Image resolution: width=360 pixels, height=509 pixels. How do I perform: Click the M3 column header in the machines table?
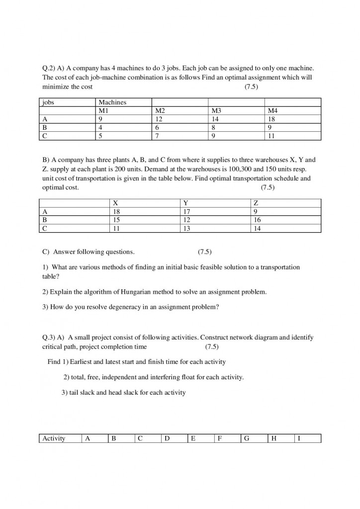point(216,111)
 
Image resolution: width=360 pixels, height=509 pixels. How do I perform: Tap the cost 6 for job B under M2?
point(158,127)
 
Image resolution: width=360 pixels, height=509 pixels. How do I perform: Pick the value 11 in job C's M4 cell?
point(271,135)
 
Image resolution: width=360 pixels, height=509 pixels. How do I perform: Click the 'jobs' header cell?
point(48,102)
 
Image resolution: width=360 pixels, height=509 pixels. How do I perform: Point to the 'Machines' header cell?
point(112,102)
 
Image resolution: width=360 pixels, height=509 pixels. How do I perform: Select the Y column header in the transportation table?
point(186,203)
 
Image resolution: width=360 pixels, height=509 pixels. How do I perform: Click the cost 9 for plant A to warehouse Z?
point(256,211)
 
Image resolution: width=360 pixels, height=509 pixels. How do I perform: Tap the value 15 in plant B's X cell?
point(117,220)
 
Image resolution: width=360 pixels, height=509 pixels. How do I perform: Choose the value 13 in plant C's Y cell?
point(187,228)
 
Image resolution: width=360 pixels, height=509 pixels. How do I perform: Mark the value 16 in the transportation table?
point(257,220)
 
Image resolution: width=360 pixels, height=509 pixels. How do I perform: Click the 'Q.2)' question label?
point(49,67)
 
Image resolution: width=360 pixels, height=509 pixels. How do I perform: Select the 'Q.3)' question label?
point(49,338)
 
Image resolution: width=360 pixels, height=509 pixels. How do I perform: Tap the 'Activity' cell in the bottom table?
point(54,438)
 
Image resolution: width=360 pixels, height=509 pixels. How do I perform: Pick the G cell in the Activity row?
point(246,438)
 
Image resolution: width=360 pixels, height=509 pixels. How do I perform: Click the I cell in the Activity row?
point(299,438)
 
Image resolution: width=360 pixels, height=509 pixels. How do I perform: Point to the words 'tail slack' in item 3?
point(82,393)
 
